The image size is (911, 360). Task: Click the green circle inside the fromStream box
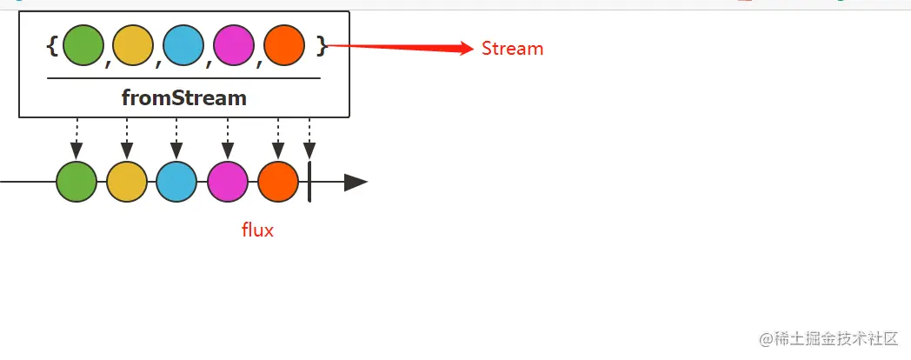point(83,46)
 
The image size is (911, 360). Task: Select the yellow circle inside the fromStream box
point(133,46)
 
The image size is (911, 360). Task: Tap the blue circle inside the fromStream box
point(183,46)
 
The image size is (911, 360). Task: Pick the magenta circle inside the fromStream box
point(233,46)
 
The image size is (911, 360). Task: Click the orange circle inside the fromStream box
point(283,46)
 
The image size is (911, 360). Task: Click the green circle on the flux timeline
point(76,182)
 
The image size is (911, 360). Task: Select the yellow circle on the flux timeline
point(127,182)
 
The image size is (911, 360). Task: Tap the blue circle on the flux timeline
point(176,182)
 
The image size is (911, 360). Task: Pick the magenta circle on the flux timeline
point(228,182)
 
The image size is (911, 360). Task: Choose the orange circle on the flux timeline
point(278,182)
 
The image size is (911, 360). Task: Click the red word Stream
point(512,49)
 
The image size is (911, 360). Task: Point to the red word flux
point(257,230)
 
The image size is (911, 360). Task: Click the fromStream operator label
point(184,98)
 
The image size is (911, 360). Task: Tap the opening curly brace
point(52,46)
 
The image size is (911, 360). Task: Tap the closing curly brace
point(322,46)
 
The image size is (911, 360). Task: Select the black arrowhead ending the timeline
point(356,183)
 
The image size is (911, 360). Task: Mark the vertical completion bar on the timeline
point(309,183)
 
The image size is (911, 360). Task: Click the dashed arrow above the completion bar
point(309,139)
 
